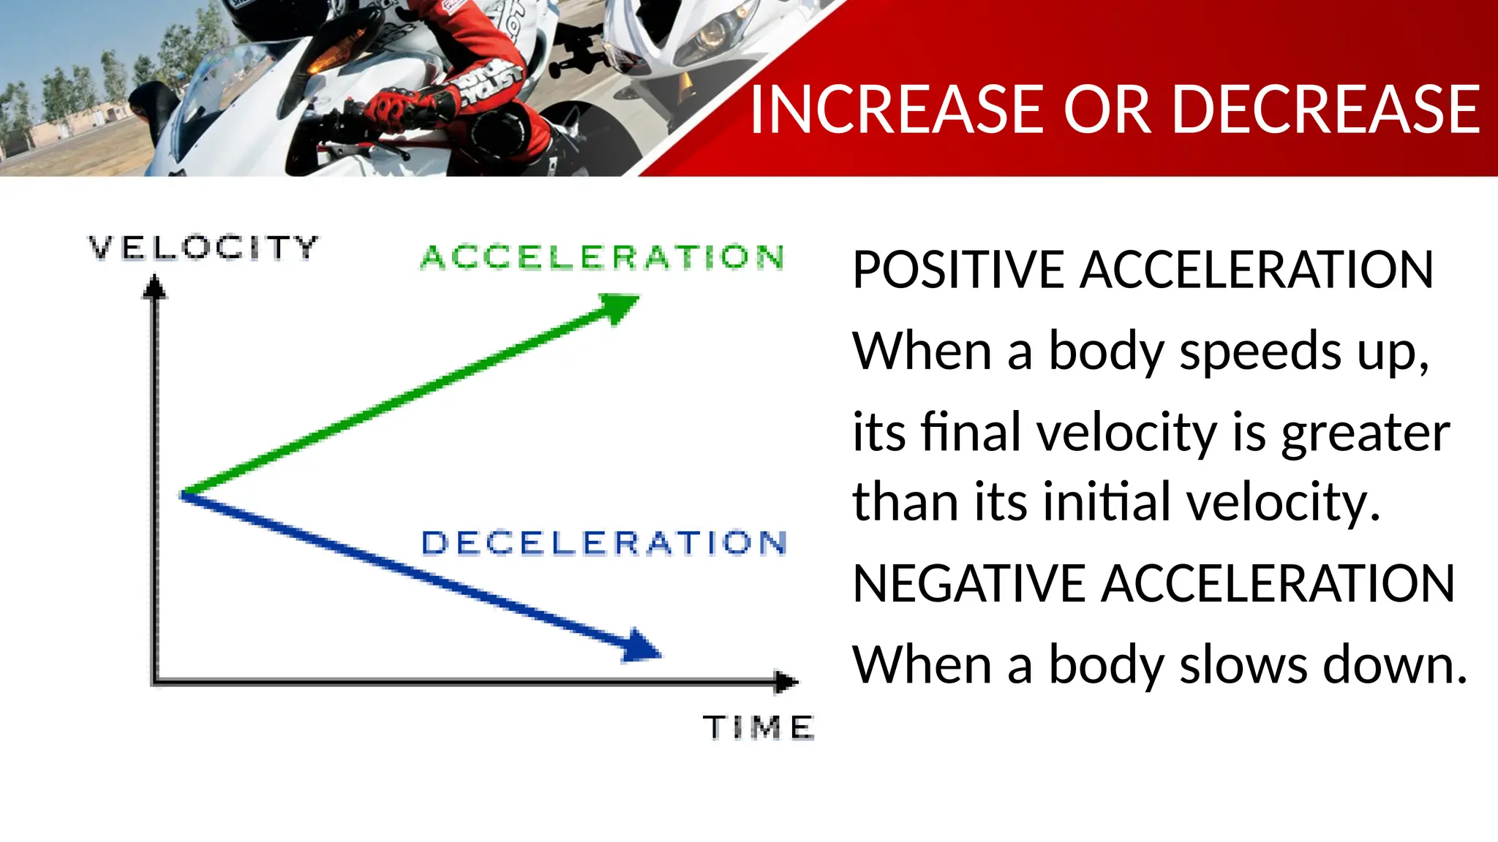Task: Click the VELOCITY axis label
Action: tap(203, 248)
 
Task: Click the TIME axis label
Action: tap(758, 727)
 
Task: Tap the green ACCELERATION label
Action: tap(603, 257)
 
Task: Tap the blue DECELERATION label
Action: tap(604, 543)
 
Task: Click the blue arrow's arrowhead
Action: tap(641, 646)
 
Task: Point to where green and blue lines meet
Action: tap(184, 495)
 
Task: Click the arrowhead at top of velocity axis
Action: tap(154, 287)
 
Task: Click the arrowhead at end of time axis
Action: tap(786, 682)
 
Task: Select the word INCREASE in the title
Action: tap(897, 110)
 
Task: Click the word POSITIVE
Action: tap(957, 270)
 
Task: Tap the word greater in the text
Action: tap(1365, 433)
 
